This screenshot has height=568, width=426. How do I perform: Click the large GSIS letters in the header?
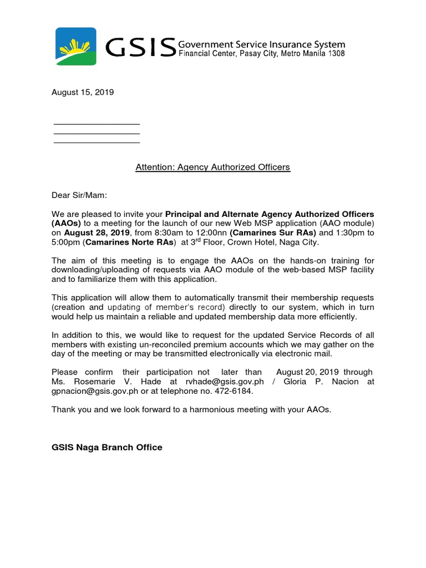coord(141,48)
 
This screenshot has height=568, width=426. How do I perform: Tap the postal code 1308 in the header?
coord(335,54)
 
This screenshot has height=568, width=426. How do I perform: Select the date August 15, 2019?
coord(83,93)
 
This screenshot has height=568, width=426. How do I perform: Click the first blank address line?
coord(97,124)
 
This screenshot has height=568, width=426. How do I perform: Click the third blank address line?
coord(97,143)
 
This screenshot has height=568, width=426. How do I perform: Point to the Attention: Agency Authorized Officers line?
coord(213,167)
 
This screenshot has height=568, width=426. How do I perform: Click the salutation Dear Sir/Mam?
coord(79,195)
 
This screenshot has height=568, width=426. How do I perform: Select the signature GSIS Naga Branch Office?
coord(107,448)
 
